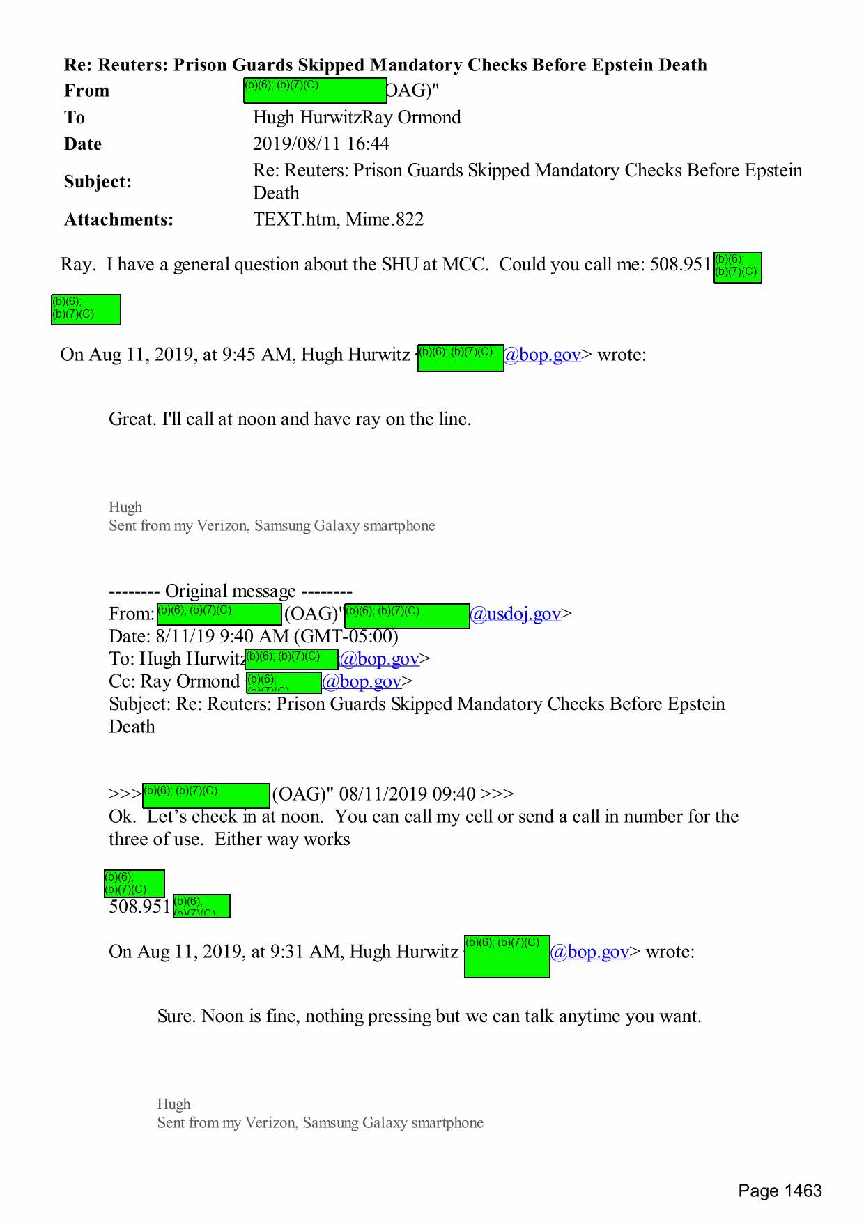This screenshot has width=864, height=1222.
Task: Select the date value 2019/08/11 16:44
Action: [321, 144]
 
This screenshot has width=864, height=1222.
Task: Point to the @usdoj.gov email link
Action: [515, 614]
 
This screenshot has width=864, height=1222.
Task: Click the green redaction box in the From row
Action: [314, 91]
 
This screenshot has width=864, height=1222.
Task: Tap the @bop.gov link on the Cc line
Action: [362, 681]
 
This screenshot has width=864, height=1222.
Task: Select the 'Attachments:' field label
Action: [118, 219]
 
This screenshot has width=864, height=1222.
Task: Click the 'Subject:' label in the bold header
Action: [98, 182]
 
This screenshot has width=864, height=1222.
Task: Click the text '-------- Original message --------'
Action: [230, 591]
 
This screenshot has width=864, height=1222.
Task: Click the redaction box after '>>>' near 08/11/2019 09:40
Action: [206, 795]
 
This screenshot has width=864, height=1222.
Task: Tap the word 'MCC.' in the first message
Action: [465, 265]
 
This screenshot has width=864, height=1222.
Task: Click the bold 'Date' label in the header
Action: [83, 144]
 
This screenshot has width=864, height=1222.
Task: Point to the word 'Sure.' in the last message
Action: [176, 1016]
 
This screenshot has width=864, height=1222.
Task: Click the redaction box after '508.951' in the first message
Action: [737, 268]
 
